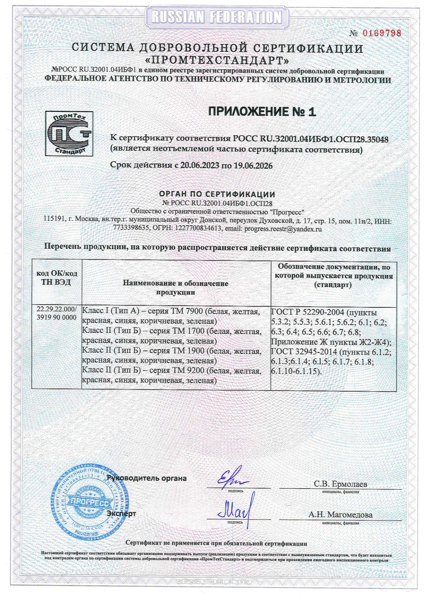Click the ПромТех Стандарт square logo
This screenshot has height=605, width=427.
coord(69,133)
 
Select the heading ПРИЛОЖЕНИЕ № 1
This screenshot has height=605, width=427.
coord(262,112)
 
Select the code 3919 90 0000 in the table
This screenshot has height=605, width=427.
coord(57,317)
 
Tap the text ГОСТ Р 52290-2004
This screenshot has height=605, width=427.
coord(308,312)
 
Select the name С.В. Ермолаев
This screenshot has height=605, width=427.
coord(340,484)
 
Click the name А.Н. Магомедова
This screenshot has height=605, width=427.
coord(340,515)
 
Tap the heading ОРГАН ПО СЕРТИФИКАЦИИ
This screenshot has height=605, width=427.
coord(217,194)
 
